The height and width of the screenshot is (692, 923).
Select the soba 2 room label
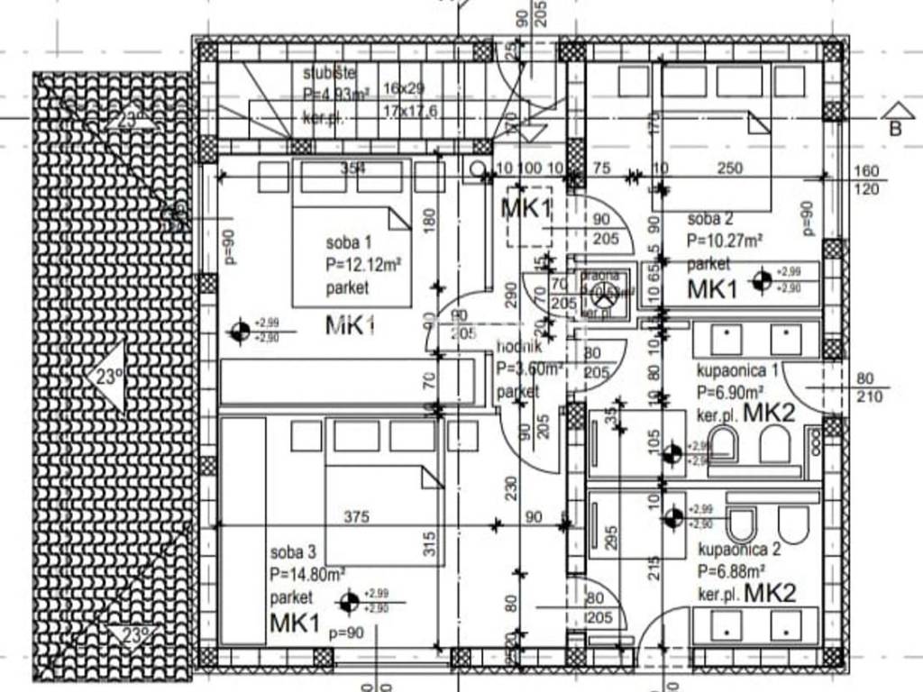(x=710, y=219)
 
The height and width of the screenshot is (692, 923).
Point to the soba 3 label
(x=293, y=551)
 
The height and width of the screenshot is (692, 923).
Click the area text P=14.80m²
(x=307, y=573)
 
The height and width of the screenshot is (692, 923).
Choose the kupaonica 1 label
(x=738, y=370)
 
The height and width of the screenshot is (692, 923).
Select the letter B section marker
(x=894, y=127)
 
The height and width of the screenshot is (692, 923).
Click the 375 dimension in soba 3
(x=358, y=517)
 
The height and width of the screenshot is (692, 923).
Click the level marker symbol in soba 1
(x=240, y=332)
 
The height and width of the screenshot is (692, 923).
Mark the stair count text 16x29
(x=403, y=88)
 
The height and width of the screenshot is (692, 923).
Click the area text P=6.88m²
(x=732, y=571)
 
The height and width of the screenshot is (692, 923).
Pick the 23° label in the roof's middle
(x=108, y=378)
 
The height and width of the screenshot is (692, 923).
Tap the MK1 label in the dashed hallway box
(x=525, y=209)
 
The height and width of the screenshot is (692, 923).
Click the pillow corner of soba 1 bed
(x=399, y=218)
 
